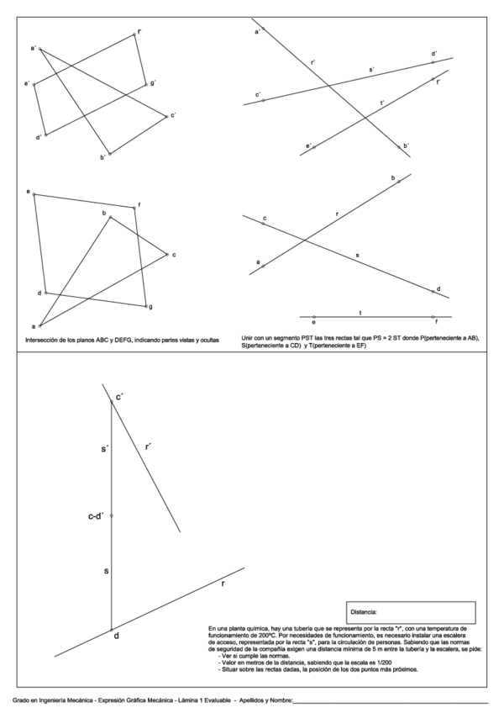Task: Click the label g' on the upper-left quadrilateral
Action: [154, 83]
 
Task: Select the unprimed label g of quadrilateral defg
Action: [150, 308]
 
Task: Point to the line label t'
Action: [382, 103]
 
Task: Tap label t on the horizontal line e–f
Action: [360, 313]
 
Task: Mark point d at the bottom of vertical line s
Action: [115, 636]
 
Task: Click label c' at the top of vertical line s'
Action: [120, 395]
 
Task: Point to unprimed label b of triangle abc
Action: [104, 214]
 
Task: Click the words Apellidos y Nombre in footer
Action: [265, 700]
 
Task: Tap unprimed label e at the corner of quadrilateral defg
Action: [29, 193]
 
